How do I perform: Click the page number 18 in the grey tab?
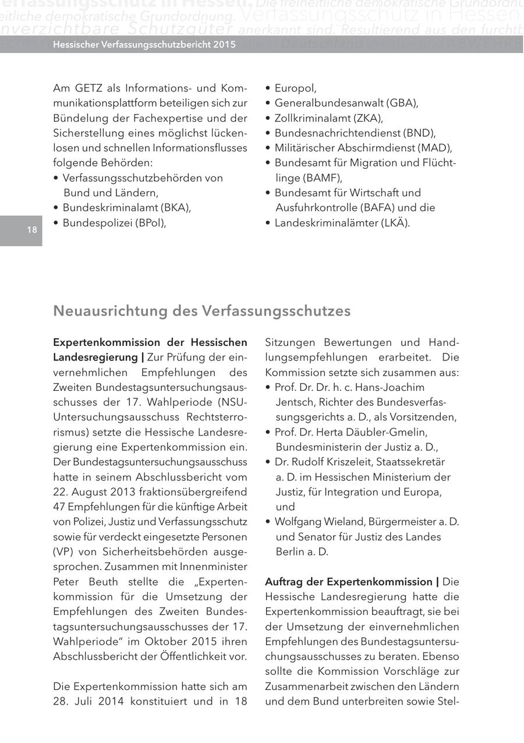(x=31, y=230)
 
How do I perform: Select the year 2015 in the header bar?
(x=223, y=44)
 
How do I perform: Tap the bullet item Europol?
(x=295, y=89)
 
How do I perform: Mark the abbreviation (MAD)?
(x=436, y=148)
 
